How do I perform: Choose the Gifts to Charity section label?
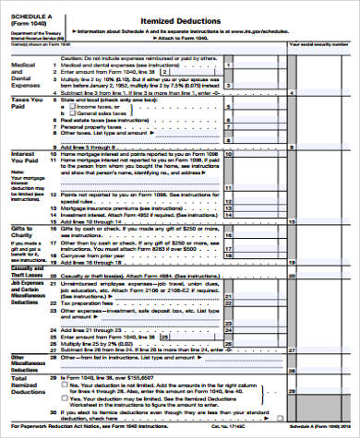[23, 232]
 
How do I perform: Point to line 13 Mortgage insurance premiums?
[120, 208]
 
